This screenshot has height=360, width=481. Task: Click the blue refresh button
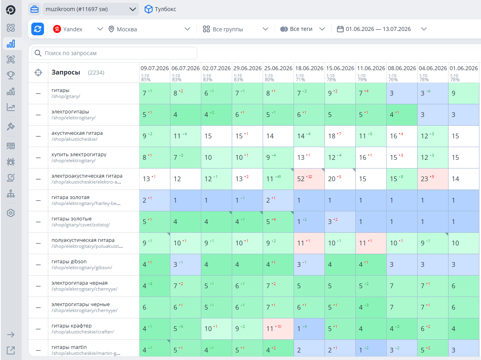coord(38,29)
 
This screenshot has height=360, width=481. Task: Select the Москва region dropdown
coord(149,29)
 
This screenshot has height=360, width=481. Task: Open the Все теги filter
coord(302,29)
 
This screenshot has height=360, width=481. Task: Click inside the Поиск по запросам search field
coord(115,53)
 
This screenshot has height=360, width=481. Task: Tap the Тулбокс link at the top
coord(160,9)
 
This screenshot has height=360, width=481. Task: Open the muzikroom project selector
coord(90,9)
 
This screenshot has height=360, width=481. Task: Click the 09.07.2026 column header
coord(155,68)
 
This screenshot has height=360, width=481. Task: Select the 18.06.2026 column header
coord(309,68)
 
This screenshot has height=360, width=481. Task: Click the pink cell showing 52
coord(309,179)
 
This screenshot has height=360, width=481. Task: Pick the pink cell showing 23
coord(433,179)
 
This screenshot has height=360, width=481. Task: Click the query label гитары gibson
coord(69,261)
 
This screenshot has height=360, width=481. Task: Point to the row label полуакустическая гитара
coord(83,240)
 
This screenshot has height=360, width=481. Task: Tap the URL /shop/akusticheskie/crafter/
coord(83,332)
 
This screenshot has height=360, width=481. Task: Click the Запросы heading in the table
coord(66,72)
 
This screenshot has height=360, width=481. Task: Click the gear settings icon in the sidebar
coord(11,213)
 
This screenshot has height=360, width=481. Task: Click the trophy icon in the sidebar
coord(11,75)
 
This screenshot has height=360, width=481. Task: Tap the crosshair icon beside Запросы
coord(38,73)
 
